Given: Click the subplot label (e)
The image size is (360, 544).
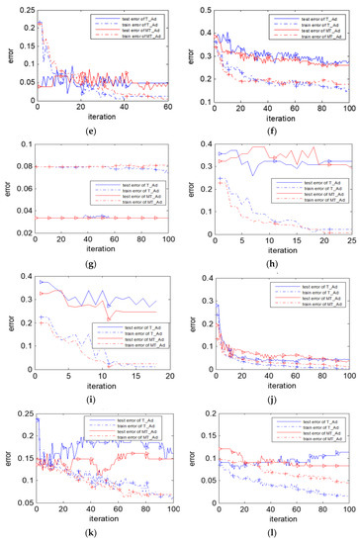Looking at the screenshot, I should point(91,131).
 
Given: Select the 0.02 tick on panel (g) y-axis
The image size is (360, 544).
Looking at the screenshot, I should point(21,231).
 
